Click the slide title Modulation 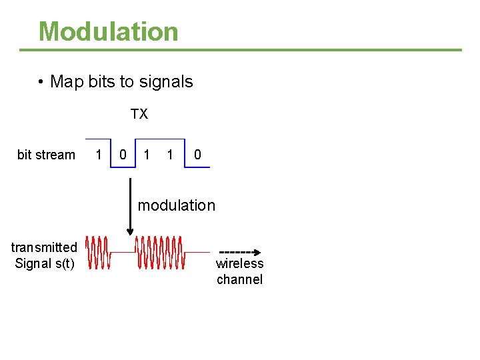tap(108, 31)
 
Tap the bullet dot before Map tap(41, 82)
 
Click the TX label tap(139, 115)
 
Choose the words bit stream tap(46, 155)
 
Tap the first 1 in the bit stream tap(99, 155)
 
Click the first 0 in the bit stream tap(123, 155)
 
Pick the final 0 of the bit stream tap(197, 155)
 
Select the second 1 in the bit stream tap(147, 155)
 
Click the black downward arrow tap(130, 200)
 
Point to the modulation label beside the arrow tap(177, 205)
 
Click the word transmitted tap(44, 247)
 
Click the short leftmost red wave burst tap(98, 253)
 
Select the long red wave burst tap(160, 253)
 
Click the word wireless tap(239, 264)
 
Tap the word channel tap(239, 279)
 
